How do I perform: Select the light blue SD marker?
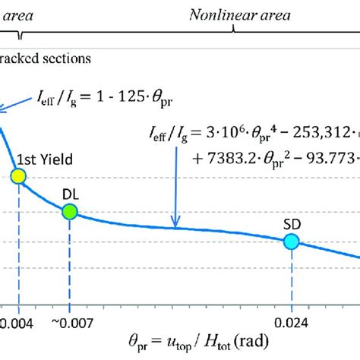(x=292, y=242)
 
